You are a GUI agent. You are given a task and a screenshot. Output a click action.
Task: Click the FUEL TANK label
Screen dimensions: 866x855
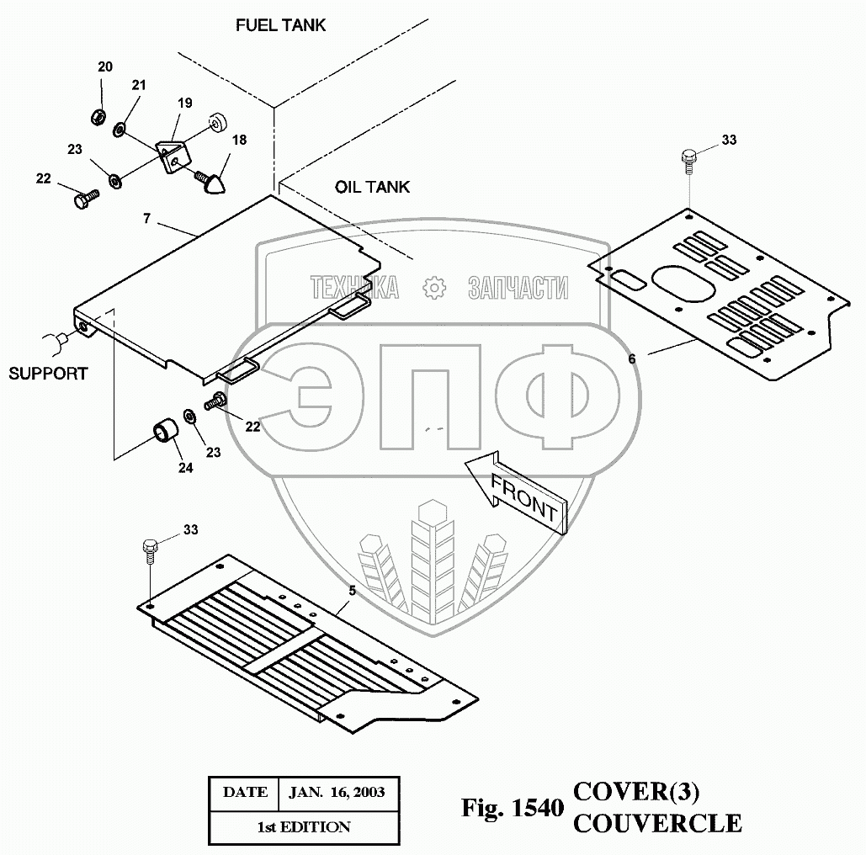click(x=280, y=25)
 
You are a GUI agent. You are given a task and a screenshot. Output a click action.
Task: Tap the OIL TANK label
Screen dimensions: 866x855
click(x=372, y=186)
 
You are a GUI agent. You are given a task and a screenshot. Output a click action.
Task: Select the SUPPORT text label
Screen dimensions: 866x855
click(x=48, y=373)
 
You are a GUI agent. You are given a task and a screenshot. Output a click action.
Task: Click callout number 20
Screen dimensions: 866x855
click(x=104, y=67)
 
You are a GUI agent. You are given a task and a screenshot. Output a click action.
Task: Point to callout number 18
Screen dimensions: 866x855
click(x=240, y=140)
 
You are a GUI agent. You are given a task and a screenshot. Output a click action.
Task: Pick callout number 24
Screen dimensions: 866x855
click(x=185, y=467)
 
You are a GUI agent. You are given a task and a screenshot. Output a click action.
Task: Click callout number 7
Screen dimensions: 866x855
click(x=146, y=219)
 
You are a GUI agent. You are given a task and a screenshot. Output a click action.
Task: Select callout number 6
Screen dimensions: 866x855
click(x=631, y=358)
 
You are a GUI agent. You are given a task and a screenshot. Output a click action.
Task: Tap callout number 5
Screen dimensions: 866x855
click(x=352, y=591)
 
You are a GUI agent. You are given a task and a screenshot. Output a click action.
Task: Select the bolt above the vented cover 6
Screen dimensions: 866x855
click(x=688, y=157)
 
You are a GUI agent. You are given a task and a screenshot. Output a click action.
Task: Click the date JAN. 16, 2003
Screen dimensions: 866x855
click(x=337, y=792)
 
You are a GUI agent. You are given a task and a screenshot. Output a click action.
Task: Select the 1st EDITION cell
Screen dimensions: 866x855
click(x=303, y=826)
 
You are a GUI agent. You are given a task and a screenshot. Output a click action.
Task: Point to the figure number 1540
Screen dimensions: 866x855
click(x=535, y=809)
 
